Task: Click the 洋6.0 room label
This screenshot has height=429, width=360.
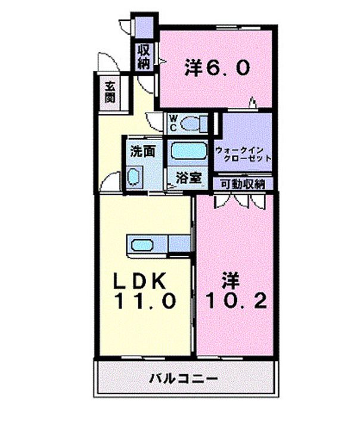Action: (x=217, y=67)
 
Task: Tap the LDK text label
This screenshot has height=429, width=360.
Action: (x=140, y=281)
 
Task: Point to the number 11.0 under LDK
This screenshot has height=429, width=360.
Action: (x=145, y=301)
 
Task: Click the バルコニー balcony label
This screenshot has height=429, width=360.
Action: (x=184, y=379)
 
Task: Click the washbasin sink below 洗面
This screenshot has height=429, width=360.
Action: (x=134, y=178)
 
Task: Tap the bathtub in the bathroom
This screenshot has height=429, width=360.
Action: (x=188, y=151)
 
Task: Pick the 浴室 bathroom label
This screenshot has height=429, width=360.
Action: (x=189, y=178)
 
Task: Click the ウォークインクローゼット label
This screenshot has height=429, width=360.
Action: (x=243, y=154)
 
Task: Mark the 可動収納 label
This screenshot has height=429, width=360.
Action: (x=243, y=184)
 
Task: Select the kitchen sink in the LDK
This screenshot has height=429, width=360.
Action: (x=142, y=245)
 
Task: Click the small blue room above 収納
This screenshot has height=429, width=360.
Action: (x=144, y=27)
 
